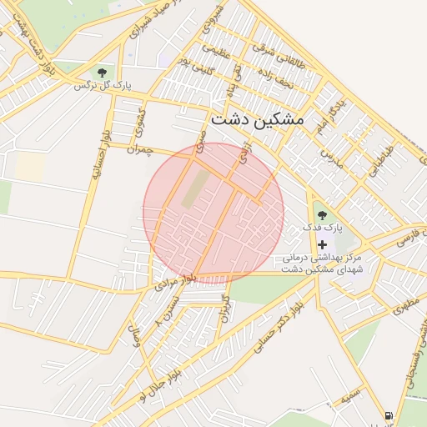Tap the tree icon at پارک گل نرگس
(103, 73)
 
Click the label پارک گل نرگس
(103, 86)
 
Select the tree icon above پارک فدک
(322, 216)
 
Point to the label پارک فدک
(323, 228)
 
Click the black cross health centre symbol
(323, 244)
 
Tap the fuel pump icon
(389, 415)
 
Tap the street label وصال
(134, 337)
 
